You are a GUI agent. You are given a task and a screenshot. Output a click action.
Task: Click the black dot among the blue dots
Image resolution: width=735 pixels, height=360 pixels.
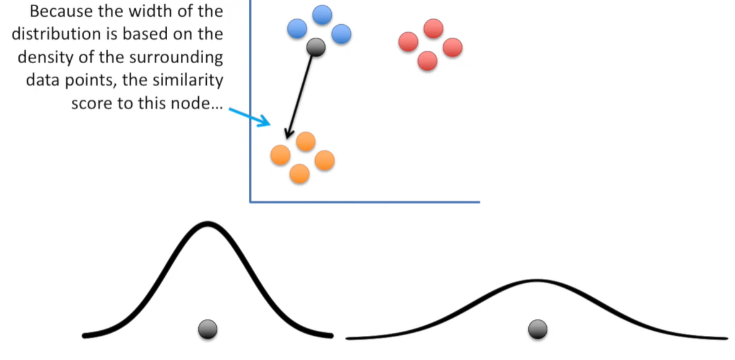coord(316,46)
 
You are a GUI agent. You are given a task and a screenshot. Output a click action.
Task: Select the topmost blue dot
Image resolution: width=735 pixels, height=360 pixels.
coord(322,15)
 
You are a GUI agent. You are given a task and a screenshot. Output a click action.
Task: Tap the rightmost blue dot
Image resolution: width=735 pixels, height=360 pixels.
coord(341,34)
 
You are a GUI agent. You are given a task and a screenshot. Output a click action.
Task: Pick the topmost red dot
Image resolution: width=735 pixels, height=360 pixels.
coord(433,29)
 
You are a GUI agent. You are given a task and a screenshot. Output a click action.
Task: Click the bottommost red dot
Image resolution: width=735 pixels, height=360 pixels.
coord(427,60)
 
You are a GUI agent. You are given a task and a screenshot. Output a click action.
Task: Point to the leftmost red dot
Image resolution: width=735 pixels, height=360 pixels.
coord(409,42)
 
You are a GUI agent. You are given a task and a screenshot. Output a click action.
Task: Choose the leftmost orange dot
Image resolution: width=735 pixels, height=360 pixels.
coord(281,154)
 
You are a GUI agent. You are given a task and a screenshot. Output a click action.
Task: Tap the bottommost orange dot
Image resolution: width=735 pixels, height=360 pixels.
coord(300,173)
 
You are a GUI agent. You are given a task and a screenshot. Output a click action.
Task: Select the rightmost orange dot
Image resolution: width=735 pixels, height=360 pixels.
coord(324,160)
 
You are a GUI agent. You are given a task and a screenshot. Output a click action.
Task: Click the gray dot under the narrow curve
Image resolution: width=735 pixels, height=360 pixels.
coord(207,329)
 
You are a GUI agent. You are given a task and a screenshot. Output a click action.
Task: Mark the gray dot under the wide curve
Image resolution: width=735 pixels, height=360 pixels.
coord(537,329)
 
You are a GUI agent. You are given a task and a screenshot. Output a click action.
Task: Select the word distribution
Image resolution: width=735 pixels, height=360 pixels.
coord(55,34)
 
